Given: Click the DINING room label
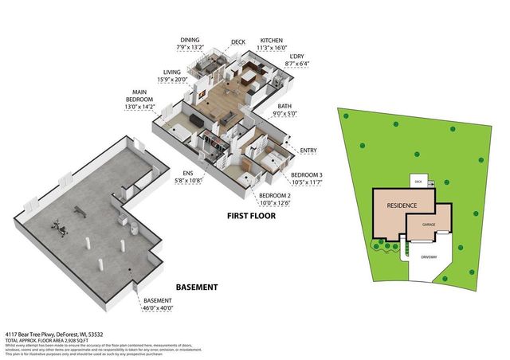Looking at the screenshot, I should (189, 38).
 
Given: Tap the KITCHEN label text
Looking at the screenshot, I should (271, 41).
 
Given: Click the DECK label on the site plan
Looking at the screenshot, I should (418, 182).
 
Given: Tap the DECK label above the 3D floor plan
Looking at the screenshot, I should (237, 41).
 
